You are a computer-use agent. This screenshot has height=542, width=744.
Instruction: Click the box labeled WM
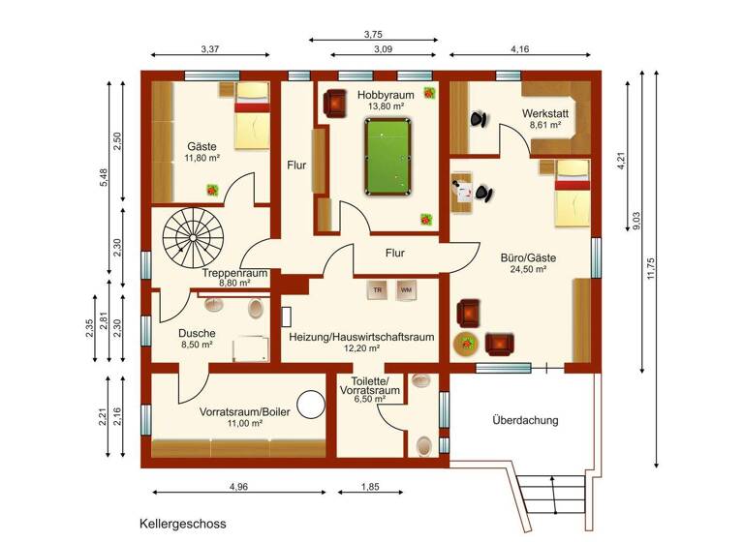tap(405, 289)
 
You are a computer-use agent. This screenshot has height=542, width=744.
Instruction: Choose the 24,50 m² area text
tap(523, 270)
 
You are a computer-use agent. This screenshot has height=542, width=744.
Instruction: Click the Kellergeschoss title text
tap(183, 524)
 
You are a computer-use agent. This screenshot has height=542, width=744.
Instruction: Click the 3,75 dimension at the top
tap(373, 34)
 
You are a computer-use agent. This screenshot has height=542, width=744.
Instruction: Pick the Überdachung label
tap(525, 421)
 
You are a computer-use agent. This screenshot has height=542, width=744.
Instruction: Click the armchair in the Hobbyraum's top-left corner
tap(335, 102)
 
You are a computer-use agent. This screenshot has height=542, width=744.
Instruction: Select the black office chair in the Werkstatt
tap(479, 119)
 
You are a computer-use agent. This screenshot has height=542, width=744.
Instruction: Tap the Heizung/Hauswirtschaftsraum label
tap(361, 338)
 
